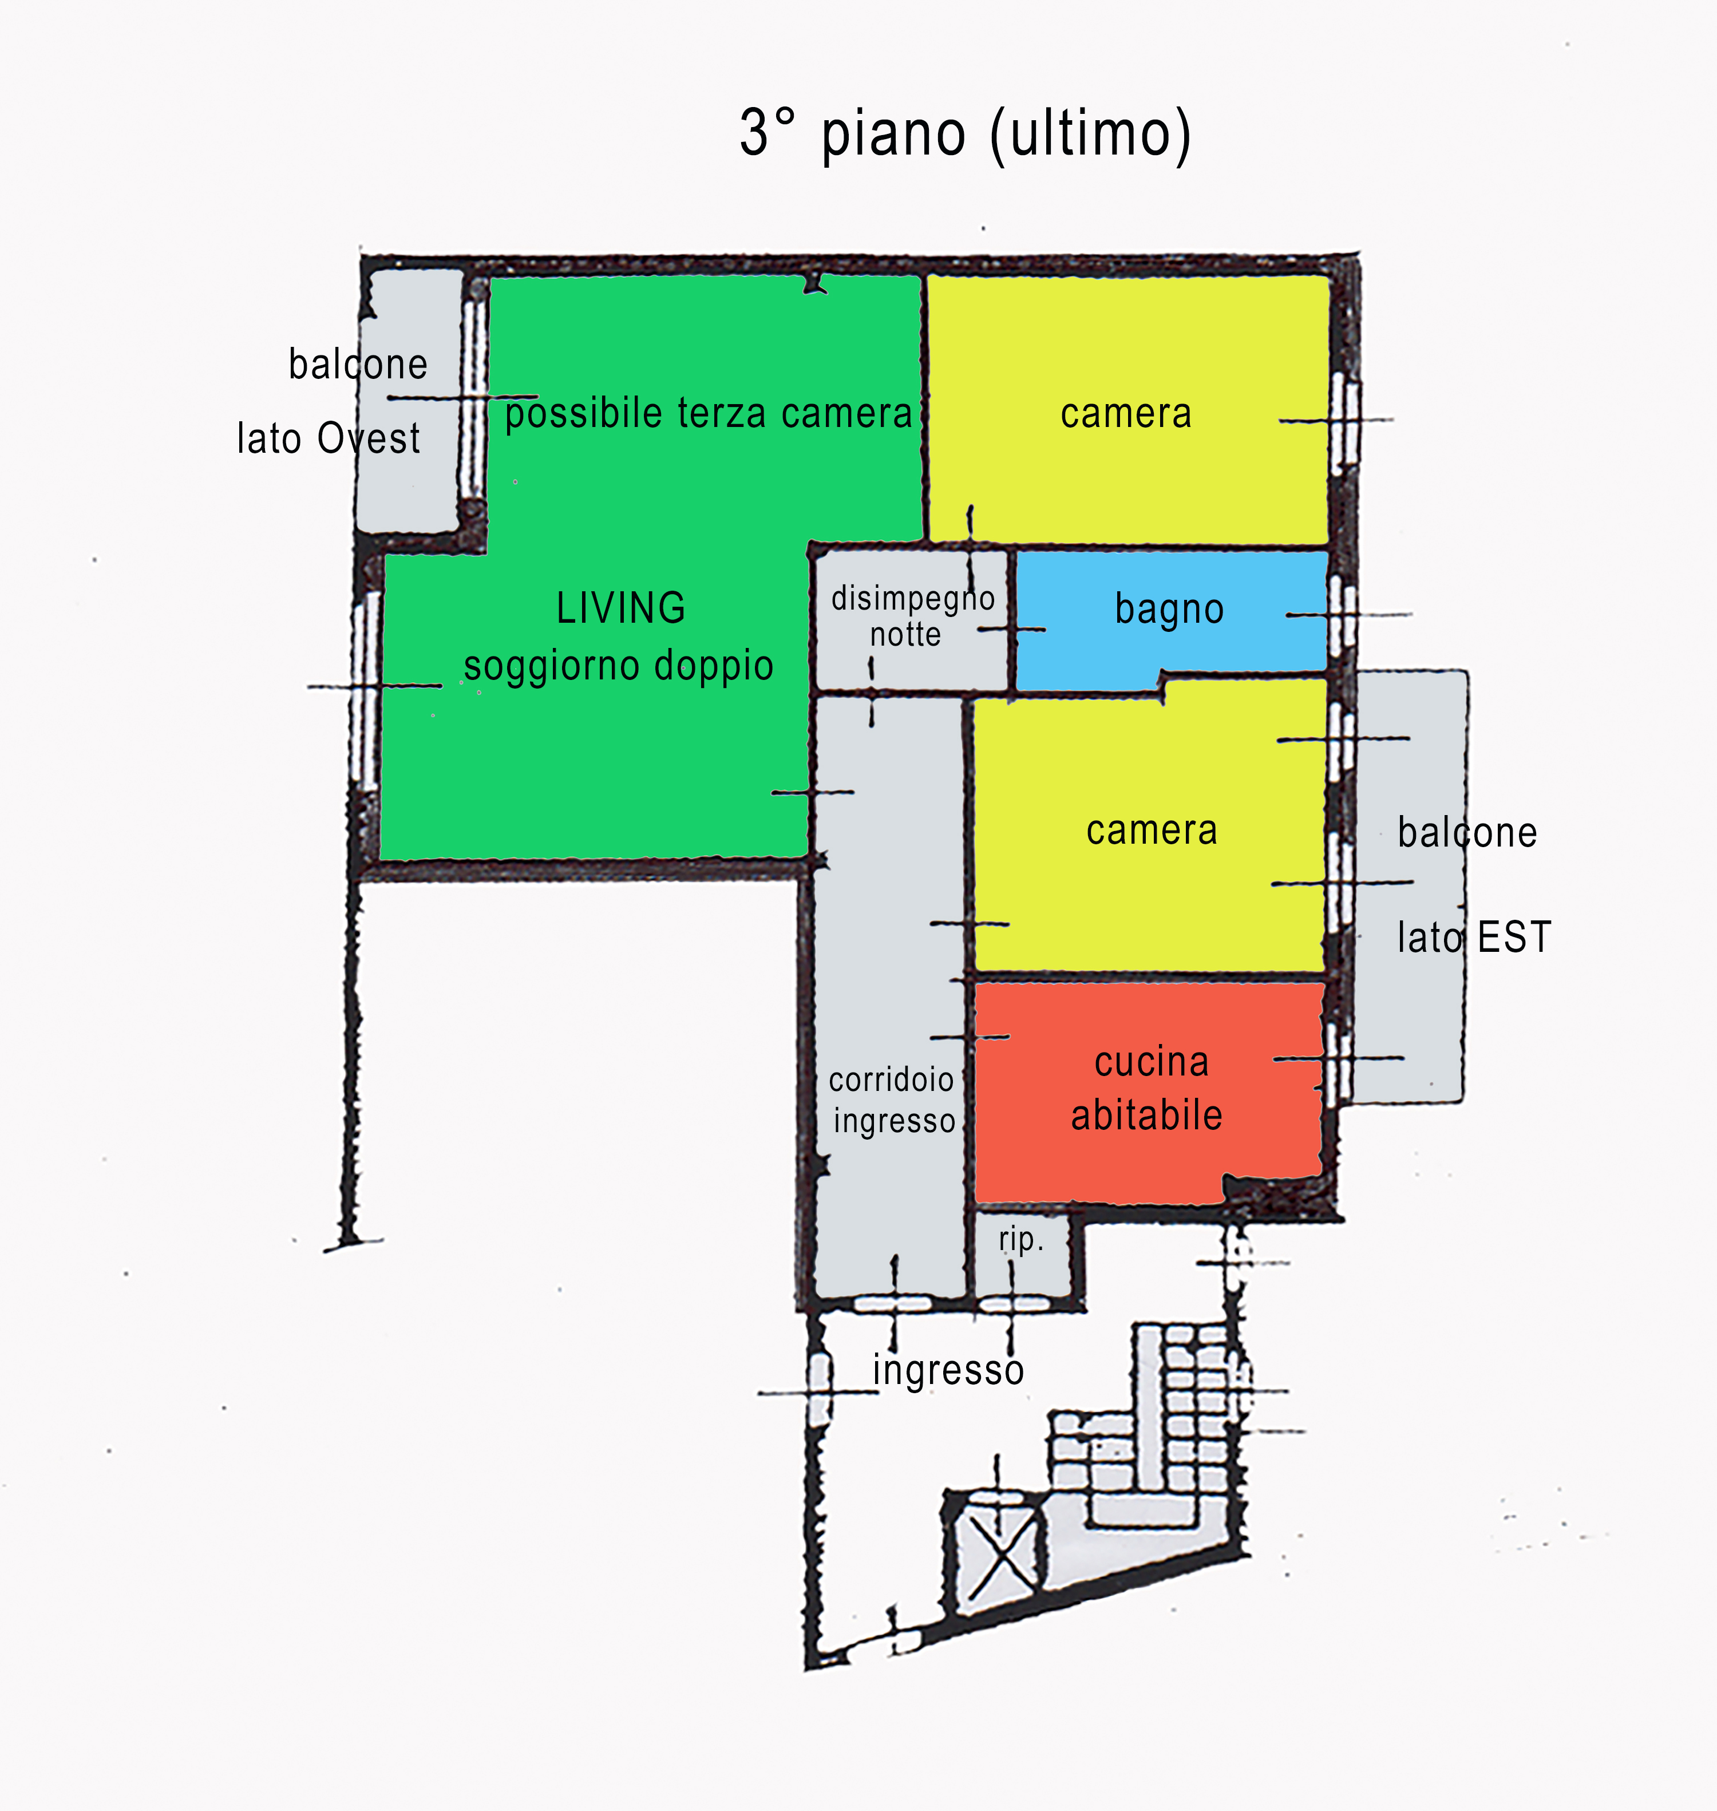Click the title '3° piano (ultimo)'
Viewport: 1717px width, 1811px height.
[966, 133]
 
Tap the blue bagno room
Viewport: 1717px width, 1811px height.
[1172, 619]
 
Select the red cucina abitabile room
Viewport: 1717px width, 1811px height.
[1149, 1092]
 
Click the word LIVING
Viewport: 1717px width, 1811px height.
[620, 608]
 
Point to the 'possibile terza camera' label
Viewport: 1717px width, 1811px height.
[709, 414]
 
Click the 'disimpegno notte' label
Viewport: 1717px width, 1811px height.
[912, 616]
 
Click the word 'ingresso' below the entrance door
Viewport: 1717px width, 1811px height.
[948, 1370]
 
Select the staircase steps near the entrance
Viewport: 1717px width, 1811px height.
[1149, 1428]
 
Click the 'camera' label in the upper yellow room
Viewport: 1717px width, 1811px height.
[1126, 414]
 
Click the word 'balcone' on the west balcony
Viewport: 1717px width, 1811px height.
[358, 364]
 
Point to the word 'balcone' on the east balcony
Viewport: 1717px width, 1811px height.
[1467, 833]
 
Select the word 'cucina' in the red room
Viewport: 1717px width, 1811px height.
[1152, 1062]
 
